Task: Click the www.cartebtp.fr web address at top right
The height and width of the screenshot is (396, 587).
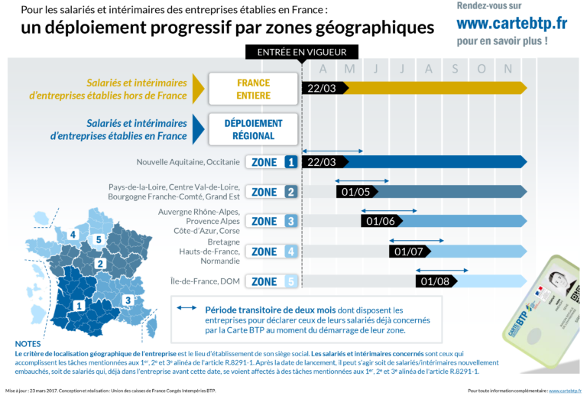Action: click(512, 24)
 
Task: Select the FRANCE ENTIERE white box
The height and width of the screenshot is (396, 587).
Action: click(252, 88)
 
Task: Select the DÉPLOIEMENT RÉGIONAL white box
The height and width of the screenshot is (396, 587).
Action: click(252, 129)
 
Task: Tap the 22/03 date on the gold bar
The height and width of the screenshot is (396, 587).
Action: click(319, 88)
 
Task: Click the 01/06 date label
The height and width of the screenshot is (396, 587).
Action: click(381, 222)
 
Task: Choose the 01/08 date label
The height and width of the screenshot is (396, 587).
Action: click(436, 281)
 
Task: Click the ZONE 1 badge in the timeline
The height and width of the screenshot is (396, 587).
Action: click(270, 162)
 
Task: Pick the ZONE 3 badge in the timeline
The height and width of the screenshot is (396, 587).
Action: click(270, 222)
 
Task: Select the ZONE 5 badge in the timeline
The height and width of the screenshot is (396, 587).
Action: click(270, 281)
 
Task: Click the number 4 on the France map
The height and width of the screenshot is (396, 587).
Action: click(73, 234)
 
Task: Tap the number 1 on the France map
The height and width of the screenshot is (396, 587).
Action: click(78, 306)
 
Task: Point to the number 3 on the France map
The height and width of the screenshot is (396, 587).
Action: click(128, 300)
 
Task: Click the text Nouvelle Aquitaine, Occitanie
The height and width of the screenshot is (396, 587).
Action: click(188, 162)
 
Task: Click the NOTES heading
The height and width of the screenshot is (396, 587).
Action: click(28, 344)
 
